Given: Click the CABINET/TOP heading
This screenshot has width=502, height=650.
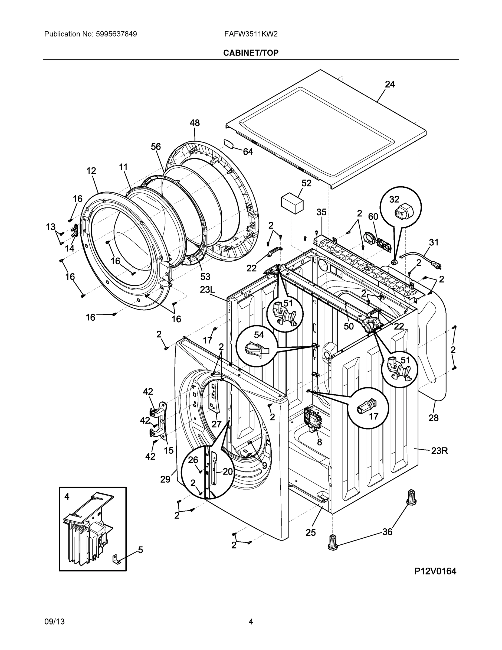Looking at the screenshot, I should tap(251, 53).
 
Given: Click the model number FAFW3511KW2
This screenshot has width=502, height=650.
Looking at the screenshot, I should tap(251, 34).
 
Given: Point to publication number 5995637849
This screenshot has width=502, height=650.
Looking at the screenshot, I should tap(116, 34).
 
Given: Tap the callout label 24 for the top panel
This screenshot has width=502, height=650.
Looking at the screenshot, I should tap(390, 84).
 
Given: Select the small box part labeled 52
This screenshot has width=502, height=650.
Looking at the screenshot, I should tap(292, 203).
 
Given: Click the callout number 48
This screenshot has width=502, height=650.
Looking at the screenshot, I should tap(195, 123).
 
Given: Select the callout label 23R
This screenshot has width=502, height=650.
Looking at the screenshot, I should tap(439, 451).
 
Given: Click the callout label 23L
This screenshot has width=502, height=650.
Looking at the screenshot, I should tap(207, 290).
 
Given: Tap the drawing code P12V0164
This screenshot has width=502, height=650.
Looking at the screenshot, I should tap(435, 571).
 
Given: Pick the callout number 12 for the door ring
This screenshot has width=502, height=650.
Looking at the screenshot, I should tap(91, 171).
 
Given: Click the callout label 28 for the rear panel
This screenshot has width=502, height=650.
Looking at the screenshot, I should tap(433, 418).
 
